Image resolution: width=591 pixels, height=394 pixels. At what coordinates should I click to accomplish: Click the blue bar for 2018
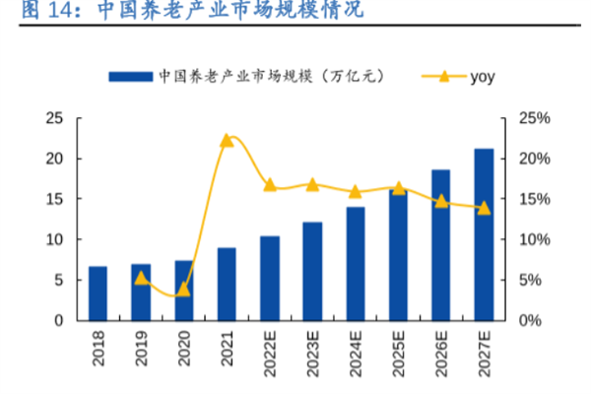(x=98, y=294)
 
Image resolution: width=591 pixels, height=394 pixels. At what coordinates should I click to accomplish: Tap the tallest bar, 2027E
(x=484, y=234)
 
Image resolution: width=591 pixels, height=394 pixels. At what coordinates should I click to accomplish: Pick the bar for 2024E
(x=355, y=263)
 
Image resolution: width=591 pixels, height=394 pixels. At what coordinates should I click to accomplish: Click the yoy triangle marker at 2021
(x=227, y=140)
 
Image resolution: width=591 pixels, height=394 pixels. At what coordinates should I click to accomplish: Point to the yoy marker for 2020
(x=183, y=289)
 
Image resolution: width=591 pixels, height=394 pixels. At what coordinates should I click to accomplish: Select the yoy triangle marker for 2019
(x=141, y=278)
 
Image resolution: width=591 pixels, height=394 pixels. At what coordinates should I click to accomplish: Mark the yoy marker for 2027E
(x=484, y=208)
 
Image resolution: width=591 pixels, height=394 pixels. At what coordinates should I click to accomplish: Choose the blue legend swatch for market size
(x=130, y=76)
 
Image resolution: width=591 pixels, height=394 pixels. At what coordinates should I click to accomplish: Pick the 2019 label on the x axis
(x=141, y=351)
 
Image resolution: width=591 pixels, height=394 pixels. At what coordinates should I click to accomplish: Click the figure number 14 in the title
(x=44, y=12)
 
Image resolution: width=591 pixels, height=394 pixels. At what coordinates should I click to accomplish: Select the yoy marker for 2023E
(x=312, y=184)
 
